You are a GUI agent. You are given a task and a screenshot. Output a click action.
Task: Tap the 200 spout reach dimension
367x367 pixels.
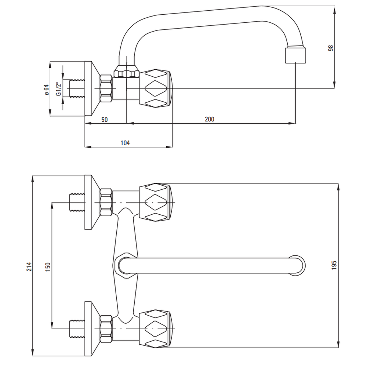(x=210, y=119)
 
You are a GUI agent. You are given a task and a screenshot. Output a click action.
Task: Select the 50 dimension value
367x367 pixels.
(x=105, y=119)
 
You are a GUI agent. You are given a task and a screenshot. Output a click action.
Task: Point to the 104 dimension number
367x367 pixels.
(x=125, y=143)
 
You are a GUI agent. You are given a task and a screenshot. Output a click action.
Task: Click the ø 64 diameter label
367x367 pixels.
(x=46, y=89)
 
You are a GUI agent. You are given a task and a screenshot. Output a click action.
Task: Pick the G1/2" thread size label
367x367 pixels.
(x=58, y=88)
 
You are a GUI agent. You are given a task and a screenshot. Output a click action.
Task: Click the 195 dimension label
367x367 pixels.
(x=334, y=265)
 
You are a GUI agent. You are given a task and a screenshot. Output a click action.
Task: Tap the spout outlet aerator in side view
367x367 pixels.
(x=295, y=54)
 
